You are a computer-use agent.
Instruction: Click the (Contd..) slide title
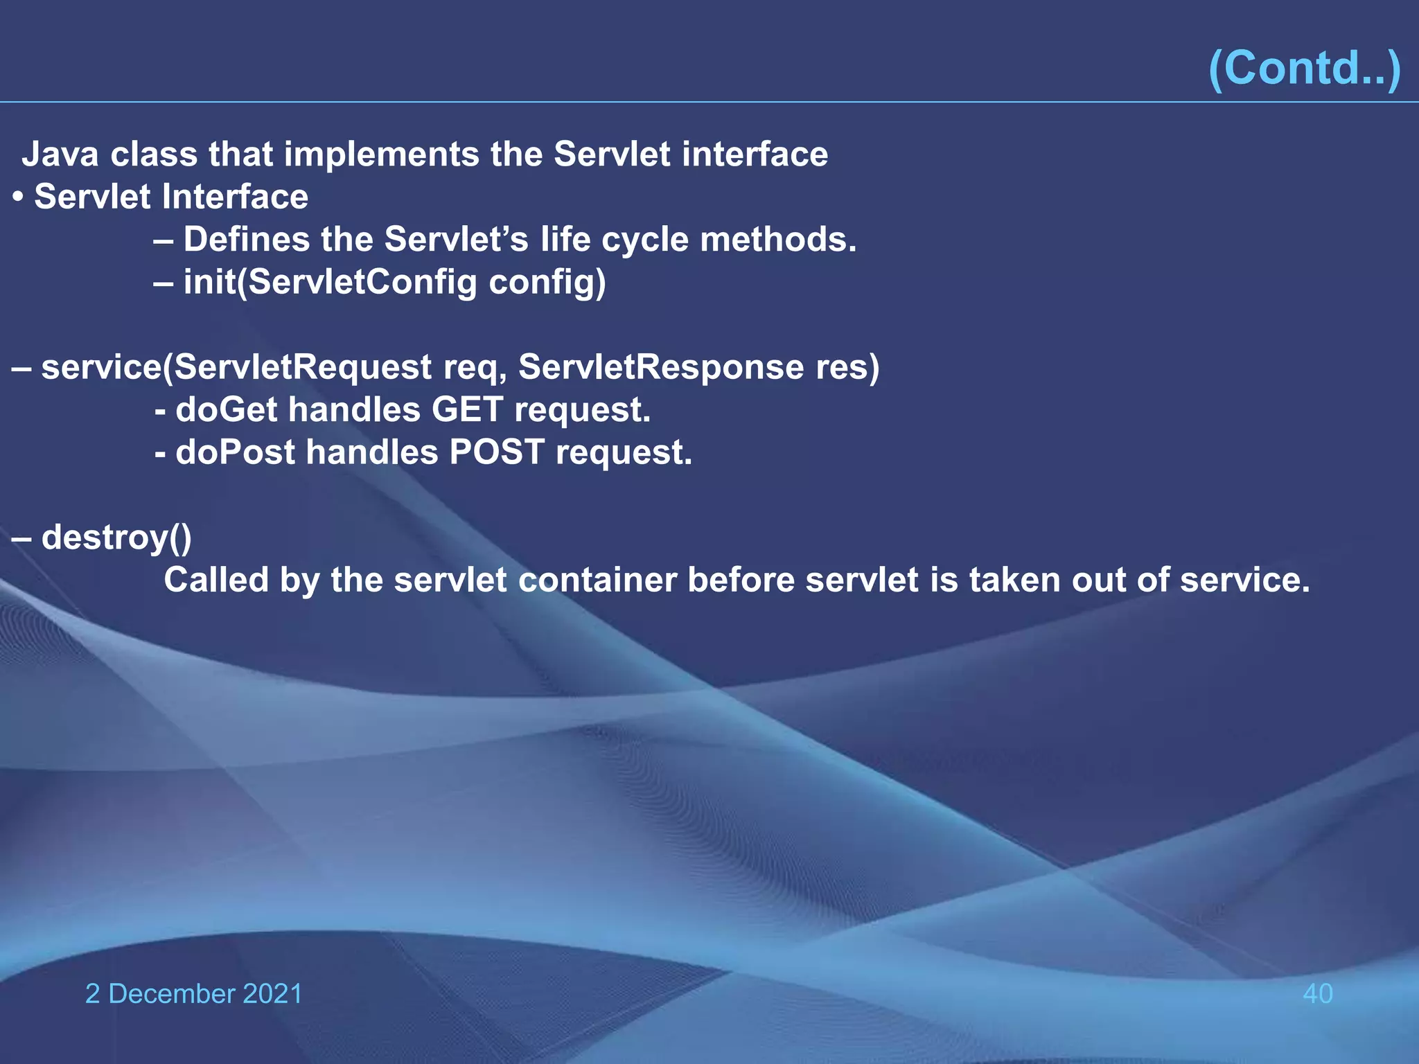1304,68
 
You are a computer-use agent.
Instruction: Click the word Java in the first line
60,154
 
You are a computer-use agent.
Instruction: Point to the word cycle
645,240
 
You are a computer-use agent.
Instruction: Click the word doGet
227,409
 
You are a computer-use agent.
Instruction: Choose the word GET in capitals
467,409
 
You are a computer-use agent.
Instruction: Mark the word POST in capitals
497,452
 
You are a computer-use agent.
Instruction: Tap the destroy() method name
116,538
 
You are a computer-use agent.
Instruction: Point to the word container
597,580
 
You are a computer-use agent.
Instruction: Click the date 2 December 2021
193,993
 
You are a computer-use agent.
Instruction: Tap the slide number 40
1317,993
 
